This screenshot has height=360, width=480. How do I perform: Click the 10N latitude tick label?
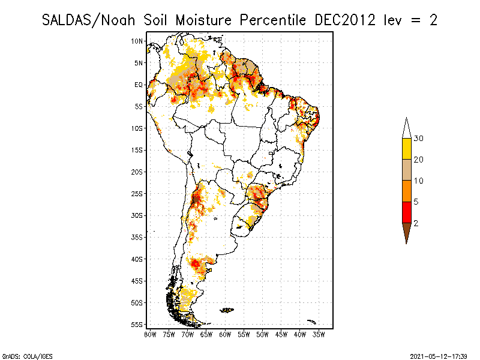click(x=137, y=41)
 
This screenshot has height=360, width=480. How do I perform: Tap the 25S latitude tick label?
click(x=137, y=194)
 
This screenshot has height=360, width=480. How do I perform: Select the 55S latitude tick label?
click(x=137, y=325)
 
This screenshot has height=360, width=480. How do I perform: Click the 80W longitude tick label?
click(x=151, y=334)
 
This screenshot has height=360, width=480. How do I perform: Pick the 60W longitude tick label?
click(x=225, y=334)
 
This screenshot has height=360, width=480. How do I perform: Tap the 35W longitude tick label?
click(x=319, y=334)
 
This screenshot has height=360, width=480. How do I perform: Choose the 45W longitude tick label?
click(x=281, y=334)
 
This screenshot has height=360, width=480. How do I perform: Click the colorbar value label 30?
click(x=419, y=139)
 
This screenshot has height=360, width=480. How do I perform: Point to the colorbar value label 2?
click(x=416, y=223)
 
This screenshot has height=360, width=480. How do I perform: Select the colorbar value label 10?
click(x=419, y=181)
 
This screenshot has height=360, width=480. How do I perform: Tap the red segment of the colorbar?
click(x=406, y=212)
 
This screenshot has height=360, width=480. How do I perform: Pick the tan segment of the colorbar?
click(x=406, y=170)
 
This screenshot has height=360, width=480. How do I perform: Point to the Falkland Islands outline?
click(x=227, y=310)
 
